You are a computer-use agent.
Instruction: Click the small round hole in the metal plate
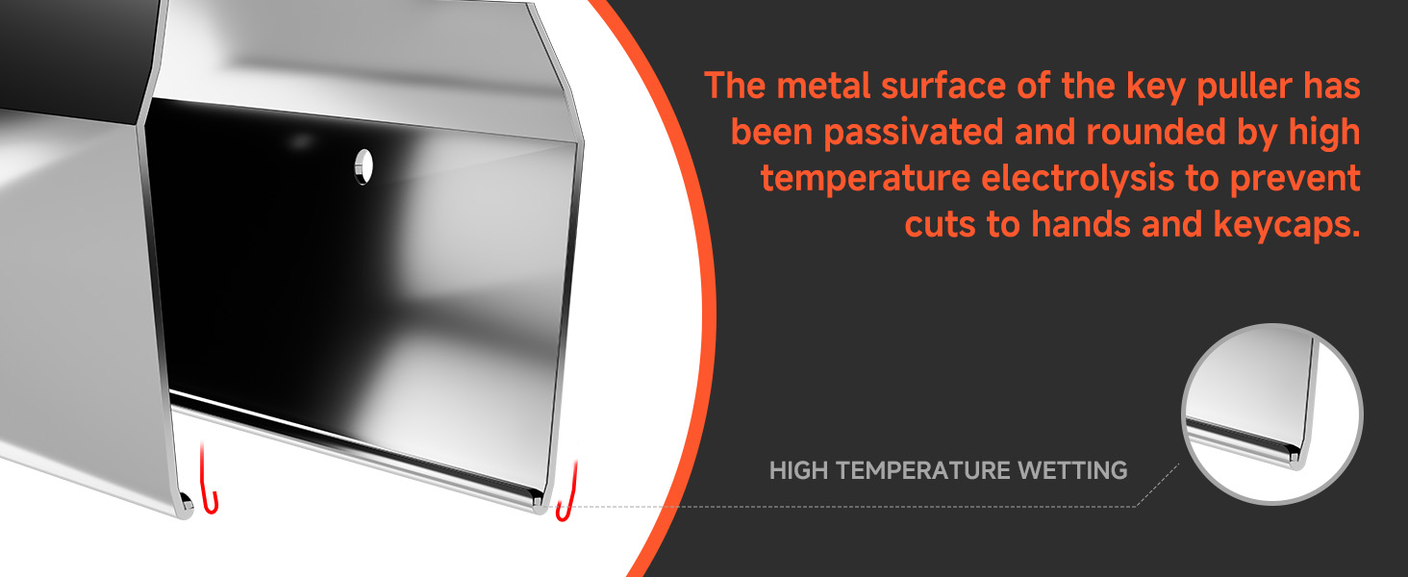tap(364, 167)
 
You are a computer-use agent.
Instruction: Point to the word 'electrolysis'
tap(1077, 178)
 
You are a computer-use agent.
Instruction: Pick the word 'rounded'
tap(1155, 132)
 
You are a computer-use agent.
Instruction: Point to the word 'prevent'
tap(1295, 179)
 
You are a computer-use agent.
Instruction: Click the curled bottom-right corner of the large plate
tap(538, 500)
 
